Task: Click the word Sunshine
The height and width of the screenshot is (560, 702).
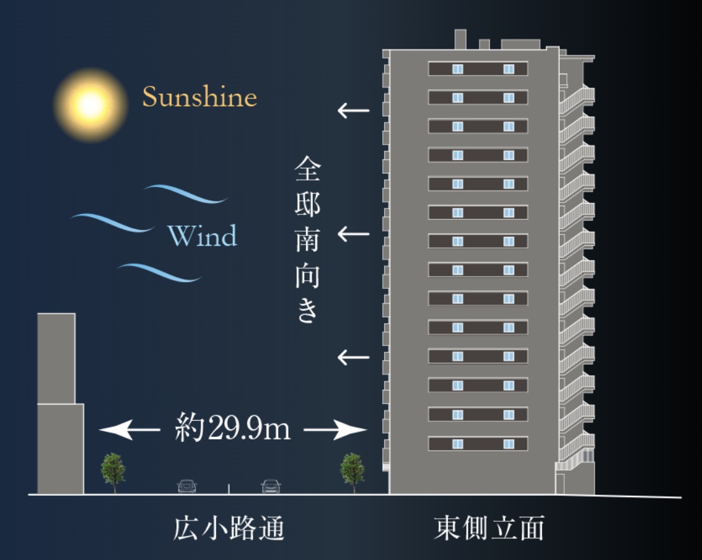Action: pos(199,97)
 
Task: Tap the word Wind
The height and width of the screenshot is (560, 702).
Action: pos(202,237)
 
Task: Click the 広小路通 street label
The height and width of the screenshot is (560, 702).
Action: pos(228,529)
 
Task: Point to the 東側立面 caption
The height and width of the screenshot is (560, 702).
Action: pos(489,529)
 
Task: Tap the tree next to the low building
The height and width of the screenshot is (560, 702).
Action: pos(113,470)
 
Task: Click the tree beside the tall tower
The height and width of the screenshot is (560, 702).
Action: pos(352,470)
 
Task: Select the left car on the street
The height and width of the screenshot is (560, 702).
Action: pos(187,486)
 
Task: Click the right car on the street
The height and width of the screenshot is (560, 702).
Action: pos(270,486)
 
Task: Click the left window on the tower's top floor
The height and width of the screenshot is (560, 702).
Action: pos(458,69)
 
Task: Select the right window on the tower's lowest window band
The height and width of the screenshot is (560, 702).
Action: pos(508,443)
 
